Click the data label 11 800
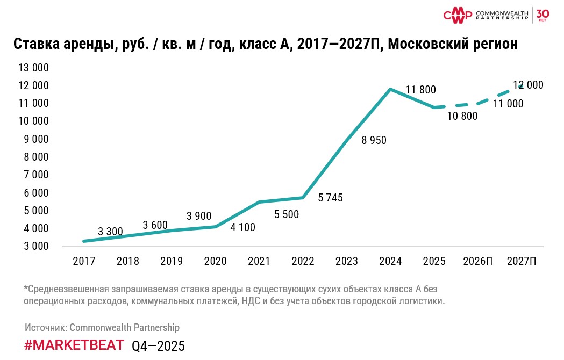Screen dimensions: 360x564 click(x=420, y=90)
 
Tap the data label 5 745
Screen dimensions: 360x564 click(x=330, y=198)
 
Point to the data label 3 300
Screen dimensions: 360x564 click(x=111, y=232)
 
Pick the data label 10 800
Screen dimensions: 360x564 click(x=462, y=116)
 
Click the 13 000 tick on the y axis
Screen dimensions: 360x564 click(x=34, y=68)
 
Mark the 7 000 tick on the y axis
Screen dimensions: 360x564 click(x=35, y=175)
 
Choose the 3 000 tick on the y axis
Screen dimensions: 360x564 click(x=35, y=246)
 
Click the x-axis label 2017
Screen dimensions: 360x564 click(x=84, y=262)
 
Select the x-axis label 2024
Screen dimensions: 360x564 click(x=390, y=262)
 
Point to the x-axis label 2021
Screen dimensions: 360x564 click(x=259, y=262)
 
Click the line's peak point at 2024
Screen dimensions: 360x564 click(x=390, y=89)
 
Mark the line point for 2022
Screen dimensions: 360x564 click(x=303, y=198)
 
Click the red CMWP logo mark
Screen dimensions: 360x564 click(x=458, y=15)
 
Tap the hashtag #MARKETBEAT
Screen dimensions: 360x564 click(x=74, y=345)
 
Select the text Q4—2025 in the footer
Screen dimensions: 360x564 click(x=158, y=346)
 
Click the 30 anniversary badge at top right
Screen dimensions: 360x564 click(x=542, y=14)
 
